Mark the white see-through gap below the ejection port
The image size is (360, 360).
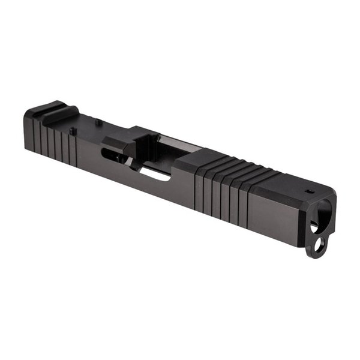(153, 175)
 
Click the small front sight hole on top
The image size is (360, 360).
(310, 192)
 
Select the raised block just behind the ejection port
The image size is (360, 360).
(117, 143)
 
